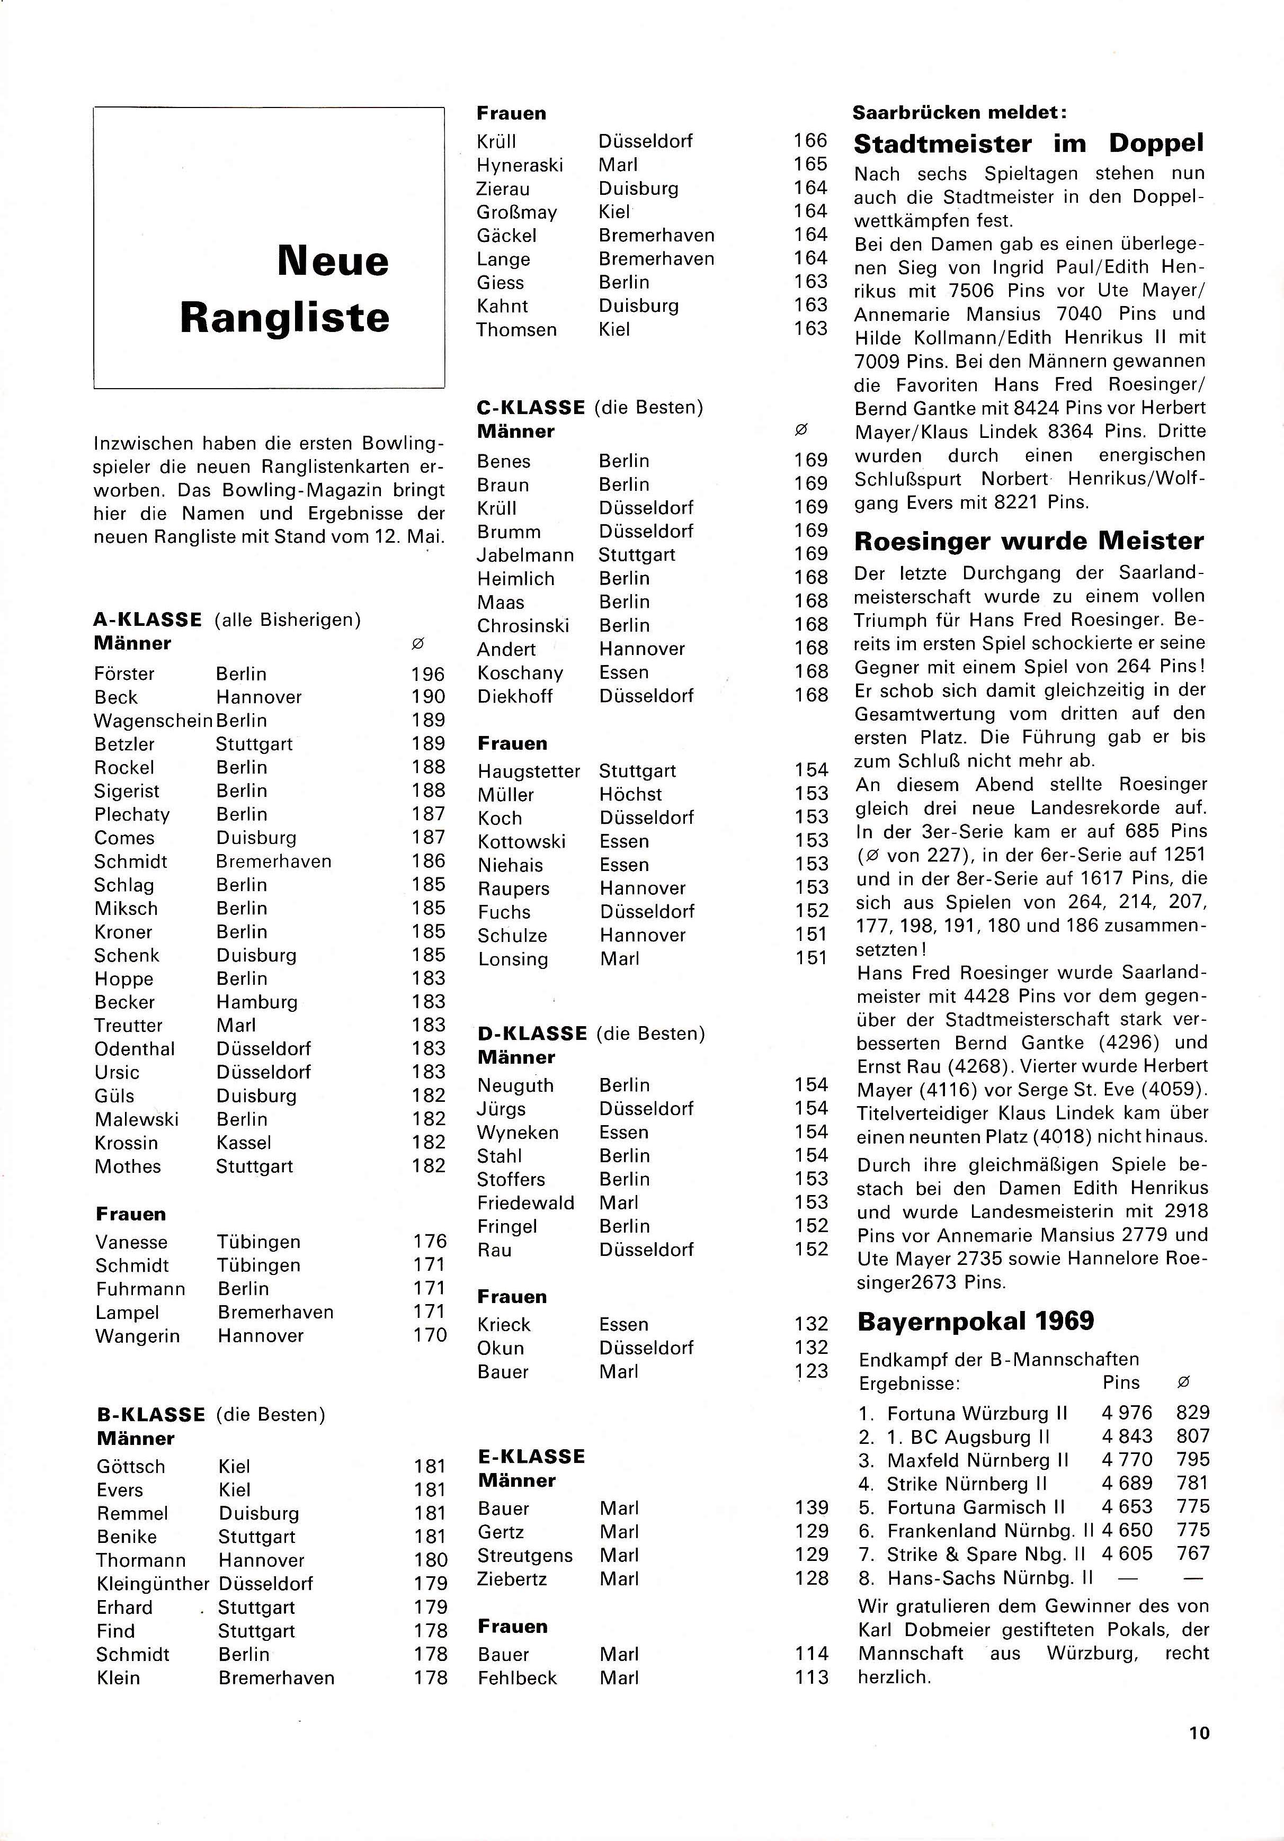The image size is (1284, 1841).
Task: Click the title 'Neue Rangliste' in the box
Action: click(x=284, y=289)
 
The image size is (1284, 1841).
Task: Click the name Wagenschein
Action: click(x=153, y=721)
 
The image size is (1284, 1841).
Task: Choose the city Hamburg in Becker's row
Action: click(x=256, y=1002)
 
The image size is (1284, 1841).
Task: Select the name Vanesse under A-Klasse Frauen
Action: click(x=131, y=1242)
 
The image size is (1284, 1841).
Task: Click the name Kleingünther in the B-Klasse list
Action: click(x=153, y=1584)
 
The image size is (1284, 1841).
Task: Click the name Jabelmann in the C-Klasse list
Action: click(x=525, y=555)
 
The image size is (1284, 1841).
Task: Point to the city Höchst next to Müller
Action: click(x=630, y=795)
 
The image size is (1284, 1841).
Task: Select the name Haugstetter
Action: click(x=529, y=771)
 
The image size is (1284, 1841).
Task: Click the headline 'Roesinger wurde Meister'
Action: click(x=1029, y=541)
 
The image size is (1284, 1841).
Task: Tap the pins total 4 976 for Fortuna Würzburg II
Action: click(x=1126, y=1413)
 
